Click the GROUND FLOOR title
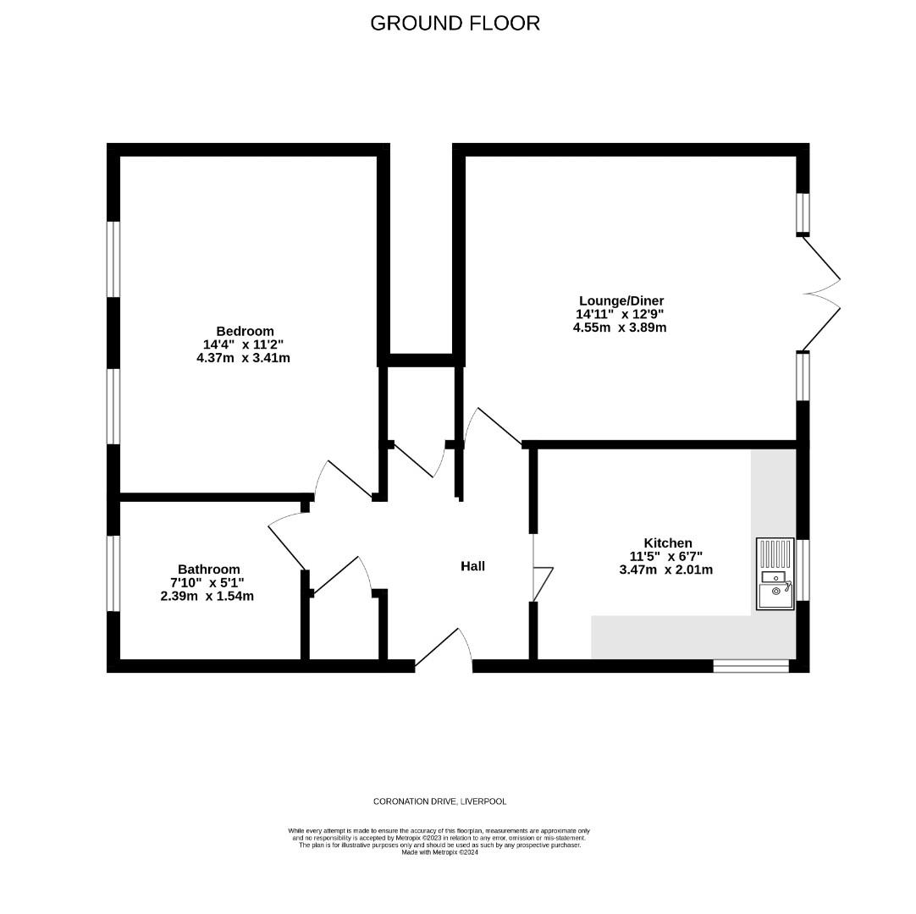click(x=455, y=23)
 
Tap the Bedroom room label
click(x=245, y=331)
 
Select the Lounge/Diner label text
click(x=621, y=300)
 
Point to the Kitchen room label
click(x=667, y=542)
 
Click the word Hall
click(x=472, y=566)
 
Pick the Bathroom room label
click(x=208, y=570)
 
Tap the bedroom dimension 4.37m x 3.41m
click(x=243, y=358)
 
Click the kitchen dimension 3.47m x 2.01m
click(x=666, y=570)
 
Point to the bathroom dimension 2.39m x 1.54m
click(x=207, y=596)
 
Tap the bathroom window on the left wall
click(x=113, y=573)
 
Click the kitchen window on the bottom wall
click(x=750, y=666)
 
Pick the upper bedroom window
click(x=113, y=259)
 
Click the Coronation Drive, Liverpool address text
click(x=440, y=801)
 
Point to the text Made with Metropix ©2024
click(x=439, y=852)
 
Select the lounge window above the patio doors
click(x=802, y=213)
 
